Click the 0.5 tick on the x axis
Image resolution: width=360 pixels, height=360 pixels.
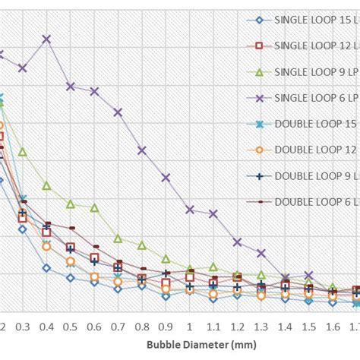click(70, 326)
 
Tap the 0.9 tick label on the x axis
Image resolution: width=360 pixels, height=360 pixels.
click(166, 326)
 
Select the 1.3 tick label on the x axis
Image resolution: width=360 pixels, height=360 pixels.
click(261, 326)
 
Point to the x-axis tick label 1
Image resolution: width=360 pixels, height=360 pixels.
click(189, 326)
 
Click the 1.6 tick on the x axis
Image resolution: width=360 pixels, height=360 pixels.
click(332, 326)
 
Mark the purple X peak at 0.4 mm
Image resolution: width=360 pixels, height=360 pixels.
click(46, 39)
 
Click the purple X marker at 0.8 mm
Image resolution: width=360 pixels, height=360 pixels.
click(141, 150)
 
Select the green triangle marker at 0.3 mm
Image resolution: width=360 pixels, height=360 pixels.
click(22, 152)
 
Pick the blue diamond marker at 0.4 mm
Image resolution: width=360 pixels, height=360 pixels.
click(46, 267)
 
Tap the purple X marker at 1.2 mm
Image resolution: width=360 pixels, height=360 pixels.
click(237, 242)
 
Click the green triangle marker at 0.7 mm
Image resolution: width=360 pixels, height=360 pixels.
click(118, 238)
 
